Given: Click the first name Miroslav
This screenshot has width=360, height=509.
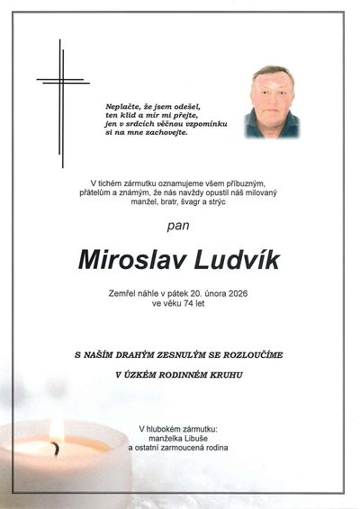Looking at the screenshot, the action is [132, 258].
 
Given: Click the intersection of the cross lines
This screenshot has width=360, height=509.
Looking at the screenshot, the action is [62, 81].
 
